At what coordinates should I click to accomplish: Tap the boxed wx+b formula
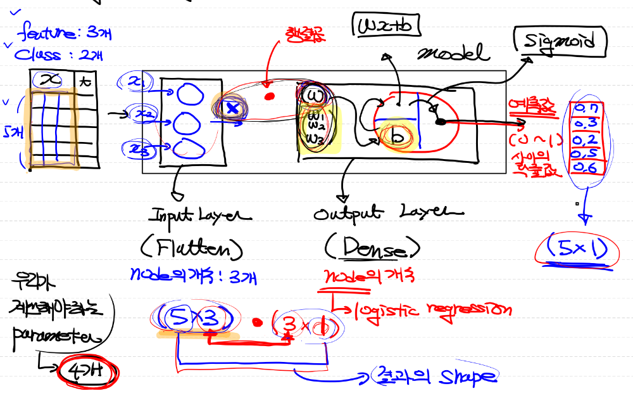pyautogui.click(x=385, y=27)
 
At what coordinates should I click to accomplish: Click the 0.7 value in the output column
pyautogui.click(x=586, y=109)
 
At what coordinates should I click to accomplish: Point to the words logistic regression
pyautogui.click(x=430, y=311)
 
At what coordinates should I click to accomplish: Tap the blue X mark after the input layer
pyautogui.click(x=232, y=108)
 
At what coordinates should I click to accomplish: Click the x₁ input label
pyautogui.click(x=137, y=81)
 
